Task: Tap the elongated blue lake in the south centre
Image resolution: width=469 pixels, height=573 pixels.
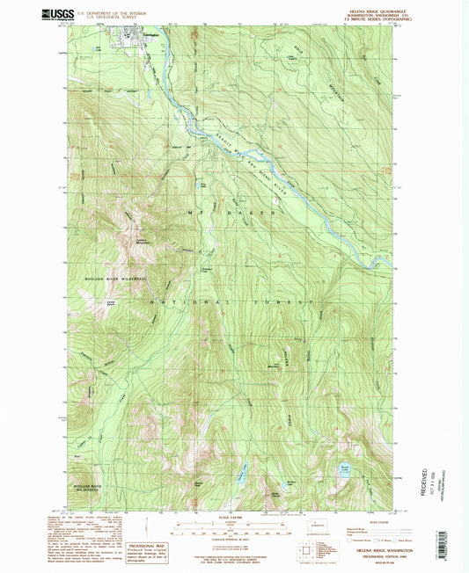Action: point(238,475)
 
